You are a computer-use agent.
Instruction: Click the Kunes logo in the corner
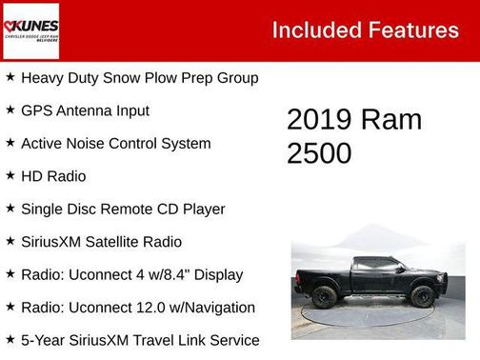(30, 30)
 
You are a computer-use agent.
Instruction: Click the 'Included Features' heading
(365, 30)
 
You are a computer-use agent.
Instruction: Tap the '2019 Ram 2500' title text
(353, 135)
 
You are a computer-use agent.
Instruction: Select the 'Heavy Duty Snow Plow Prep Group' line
(139, 77)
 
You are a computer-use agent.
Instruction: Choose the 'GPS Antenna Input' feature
(85, 110)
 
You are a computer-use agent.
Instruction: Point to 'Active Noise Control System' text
(115, 143)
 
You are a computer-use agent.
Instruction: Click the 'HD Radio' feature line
(53, 176)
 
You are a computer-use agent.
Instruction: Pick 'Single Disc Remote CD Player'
(123, 209)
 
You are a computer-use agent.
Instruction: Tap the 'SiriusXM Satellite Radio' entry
(101, 242)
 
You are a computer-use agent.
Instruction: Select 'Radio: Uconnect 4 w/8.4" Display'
(131, 274)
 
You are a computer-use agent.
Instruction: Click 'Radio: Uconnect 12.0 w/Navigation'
(138, 307)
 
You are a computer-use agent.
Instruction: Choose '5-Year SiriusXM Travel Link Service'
(140, 340)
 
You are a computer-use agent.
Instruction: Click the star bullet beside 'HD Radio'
(10, 175)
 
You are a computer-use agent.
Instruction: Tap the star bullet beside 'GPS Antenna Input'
(10, 110)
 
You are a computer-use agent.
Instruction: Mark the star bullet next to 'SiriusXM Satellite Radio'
(10, 241)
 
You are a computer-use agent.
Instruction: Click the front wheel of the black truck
(423, 296)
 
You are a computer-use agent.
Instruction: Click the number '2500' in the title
(319, 152)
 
